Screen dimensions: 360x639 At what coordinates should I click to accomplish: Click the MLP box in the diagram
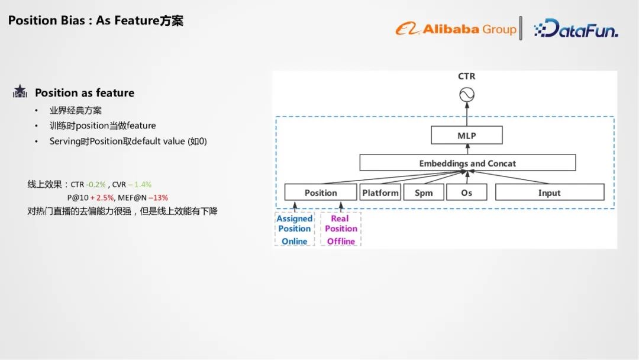466,136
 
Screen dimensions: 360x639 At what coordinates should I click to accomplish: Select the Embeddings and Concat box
467,163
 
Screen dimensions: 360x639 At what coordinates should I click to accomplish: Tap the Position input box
320,192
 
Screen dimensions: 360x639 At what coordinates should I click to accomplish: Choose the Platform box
380,192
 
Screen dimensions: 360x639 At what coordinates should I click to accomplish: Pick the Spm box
424,192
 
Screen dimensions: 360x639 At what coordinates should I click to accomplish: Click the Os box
466,192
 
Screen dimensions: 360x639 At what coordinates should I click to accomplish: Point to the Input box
549,192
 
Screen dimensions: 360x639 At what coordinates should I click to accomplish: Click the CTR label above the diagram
466,76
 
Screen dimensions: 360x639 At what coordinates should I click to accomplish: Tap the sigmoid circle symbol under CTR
467,95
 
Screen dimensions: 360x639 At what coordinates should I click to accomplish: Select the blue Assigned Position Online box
294,230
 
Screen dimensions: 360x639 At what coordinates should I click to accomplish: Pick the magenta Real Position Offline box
341,230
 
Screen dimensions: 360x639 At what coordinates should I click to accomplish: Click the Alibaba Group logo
456,28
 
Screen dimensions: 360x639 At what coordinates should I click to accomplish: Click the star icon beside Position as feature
20,92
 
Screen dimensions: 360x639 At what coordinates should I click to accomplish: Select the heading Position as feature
85,93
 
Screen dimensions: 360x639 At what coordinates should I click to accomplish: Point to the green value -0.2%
96,185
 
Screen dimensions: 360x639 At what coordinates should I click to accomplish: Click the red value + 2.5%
102,198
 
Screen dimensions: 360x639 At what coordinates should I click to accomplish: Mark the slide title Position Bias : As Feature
95,21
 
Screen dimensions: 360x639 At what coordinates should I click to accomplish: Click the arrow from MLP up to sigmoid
467,114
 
